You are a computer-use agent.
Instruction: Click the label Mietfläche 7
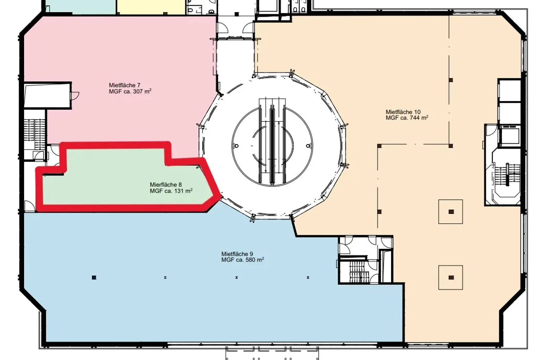pos(125,85)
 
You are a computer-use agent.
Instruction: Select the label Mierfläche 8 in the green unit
pos(166,185)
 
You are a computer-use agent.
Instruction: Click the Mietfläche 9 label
pos(237,254)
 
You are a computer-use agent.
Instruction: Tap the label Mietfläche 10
pos(403,112)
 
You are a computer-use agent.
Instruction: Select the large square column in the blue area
pos(94,277)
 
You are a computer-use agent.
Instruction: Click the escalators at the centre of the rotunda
pos(272,141)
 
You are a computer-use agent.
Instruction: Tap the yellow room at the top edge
pos(151,7)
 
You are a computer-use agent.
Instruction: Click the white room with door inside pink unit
pos(47,95)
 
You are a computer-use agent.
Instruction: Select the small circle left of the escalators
pos(237,146)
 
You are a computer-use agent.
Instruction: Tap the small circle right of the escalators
pos(308,146)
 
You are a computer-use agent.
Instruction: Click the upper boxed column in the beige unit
pos(451,212)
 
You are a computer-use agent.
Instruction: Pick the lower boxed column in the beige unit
pos(451,277)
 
